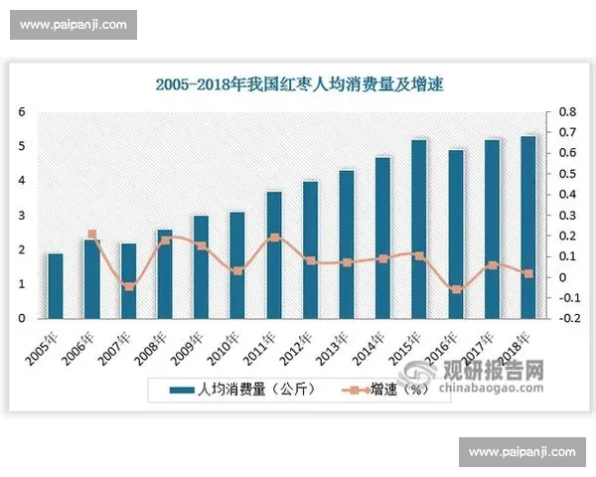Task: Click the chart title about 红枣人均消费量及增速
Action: (x=298, y=85)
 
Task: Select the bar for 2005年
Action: (x=56, y=286)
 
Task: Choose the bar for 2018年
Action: (x=527, y=227)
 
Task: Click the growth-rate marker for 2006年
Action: (x=91, y=235)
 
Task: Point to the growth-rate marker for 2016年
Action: (x=455, y=289)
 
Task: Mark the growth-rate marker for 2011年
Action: (x=274, y=238)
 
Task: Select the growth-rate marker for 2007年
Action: (x=128, y=286)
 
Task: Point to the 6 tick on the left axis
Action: (x=22, y=112)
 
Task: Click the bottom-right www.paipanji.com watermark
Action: (x=521, y=452)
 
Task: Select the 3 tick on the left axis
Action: (x=22, y=216)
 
